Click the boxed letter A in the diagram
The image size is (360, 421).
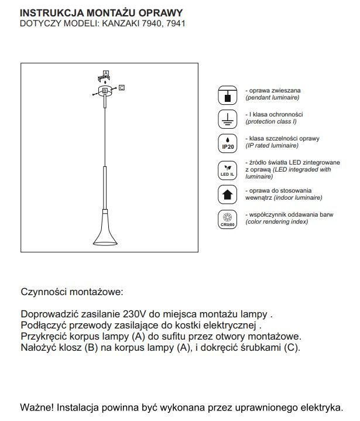[x=105, y=73]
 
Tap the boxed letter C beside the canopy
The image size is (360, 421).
[x=122, y=88]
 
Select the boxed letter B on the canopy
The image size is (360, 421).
[x=105, y=91]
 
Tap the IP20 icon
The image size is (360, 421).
[x=226, y=144]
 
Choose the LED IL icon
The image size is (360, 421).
[x=226, y=169]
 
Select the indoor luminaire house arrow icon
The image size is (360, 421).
[x=226, y=194]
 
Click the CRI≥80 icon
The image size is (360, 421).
[x=226, y=218]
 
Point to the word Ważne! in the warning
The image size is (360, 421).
[x=36, y=406]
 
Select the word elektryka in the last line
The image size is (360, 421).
[x=319, y=406]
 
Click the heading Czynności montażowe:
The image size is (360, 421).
[x=73, y=292]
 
